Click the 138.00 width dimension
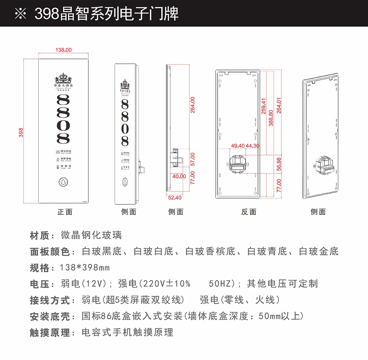(x=63, y=50)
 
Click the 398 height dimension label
(x=21, y=132)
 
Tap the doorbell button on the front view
(x=63, y=182)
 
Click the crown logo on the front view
(x=63, y=78)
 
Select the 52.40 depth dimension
(x=175, y=198)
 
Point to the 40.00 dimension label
(x=179, y=176)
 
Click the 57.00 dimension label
(x=192, y=159)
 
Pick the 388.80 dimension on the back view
(x=271, y=118)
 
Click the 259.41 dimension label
(x=264, y=106)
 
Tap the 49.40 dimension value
(x=238, y=146)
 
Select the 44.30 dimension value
(x=253, y=146)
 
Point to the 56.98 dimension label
(x=279, y=164)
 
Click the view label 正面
(x=65, y=212)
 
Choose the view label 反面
(x=249, y=212)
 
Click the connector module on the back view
(x=238, y=164)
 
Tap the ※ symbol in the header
(x=21, y=14)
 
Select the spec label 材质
(x=39, y=236)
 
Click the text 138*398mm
(x=85, y=268)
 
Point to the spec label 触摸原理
(x=50, y=333)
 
